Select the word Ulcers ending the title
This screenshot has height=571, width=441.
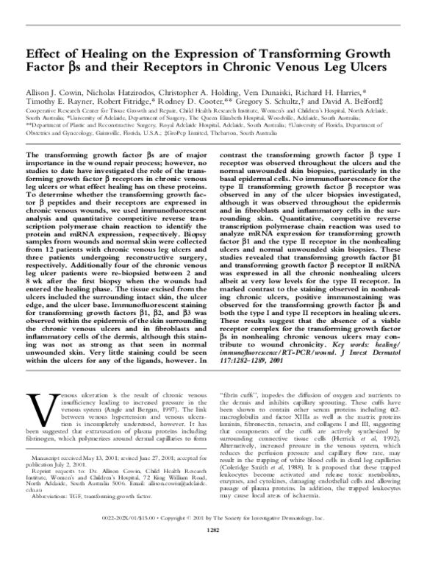(381, 73)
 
